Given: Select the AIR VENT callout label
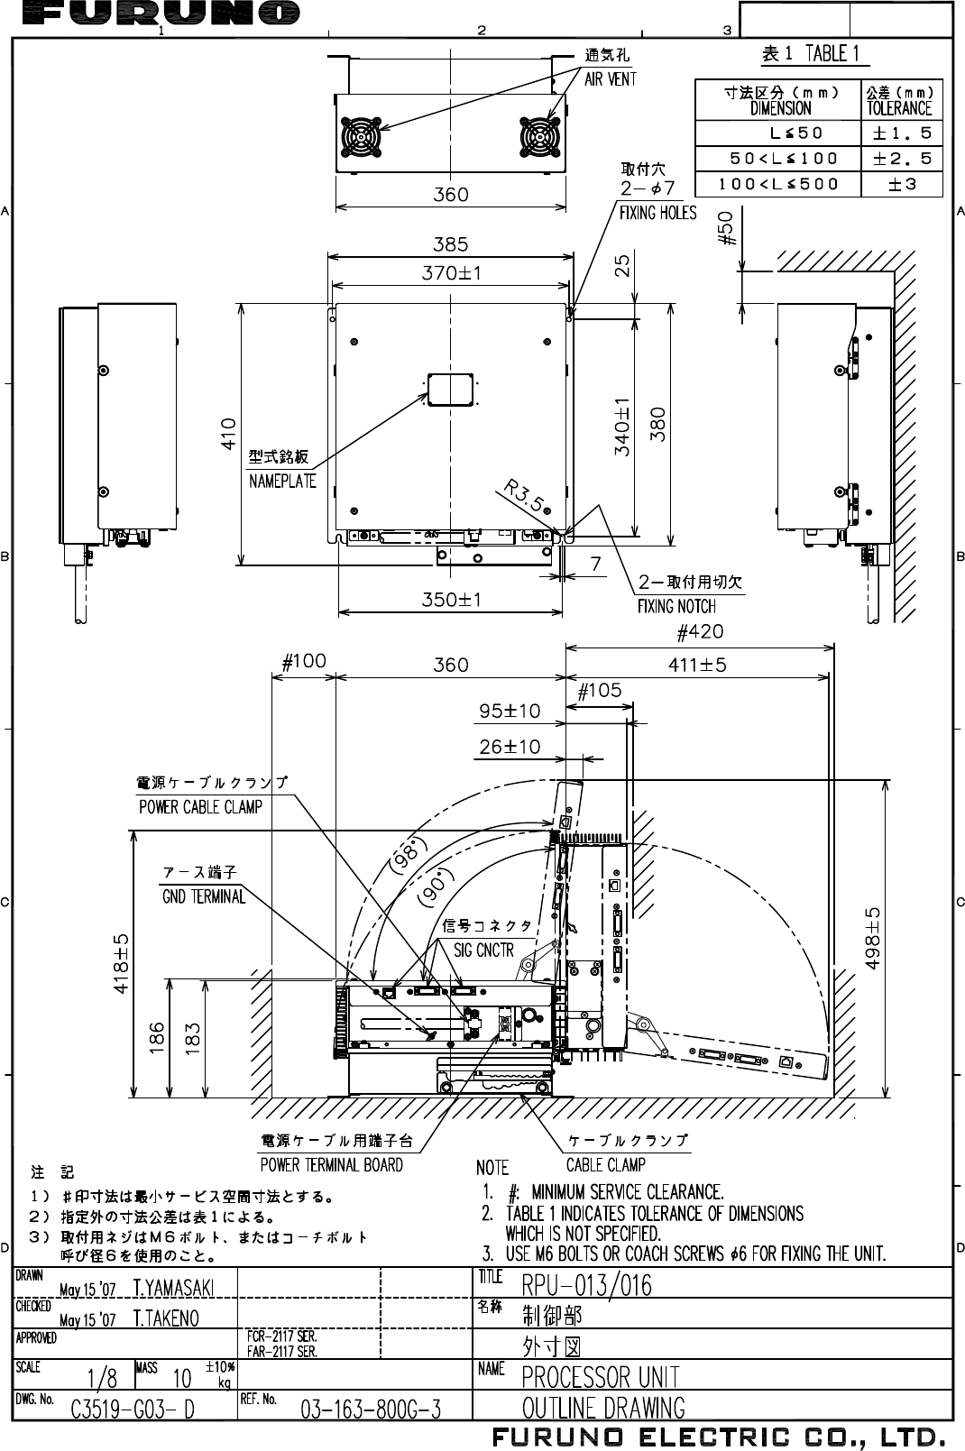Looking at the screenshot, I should tap(611, 79).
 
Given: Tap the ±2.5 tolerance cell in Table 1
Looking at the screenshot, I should tap(902, 159).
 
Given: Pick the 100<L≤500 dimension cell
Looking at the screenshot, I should tap(778, 184).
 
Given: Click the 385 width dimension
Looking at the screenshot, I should tap(451, 243).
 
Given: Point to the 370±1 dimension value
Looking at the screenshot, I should tap(451, 272).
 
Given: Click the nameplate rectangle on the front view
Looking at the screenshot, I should tap(451, 390).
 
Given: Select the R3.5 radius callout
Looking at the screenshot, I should tap(524, 497).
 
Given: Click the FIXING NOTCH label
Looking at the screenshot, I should tap(676, 606).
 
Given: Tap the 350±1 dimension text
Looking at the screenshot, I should tap(451, 600).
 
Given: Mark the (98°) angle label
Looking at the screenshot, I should tap(406, 855).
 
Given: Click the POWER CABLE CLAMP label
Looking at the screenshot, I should tap(200, 807).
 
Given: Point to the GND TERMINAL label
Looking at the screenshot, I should tap(204, 896).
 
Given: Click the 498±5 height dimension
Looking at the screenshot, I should tap(873, 938).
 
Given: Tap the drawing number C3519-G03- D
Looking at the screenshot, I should tap(133, 1409).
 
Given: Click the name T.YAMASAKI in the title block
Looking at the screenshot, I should tap(173, 1286).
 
